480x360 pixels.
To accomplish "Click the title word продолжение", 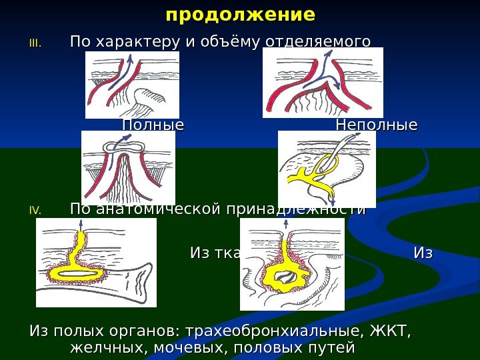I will (x=240, y=14).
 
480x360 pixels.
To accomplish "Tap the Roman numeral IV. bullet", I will (x=35, y=211).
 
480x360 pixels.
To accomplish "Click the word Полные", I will (x=153, y=125).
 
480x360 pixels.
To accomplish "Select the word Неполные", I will (x=377, y=125).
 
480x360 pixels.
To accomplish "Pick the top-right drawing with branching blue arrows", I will (x=323, y=83).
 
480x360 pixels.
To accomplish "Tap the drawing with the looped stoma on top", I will (x=128, y=167).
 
